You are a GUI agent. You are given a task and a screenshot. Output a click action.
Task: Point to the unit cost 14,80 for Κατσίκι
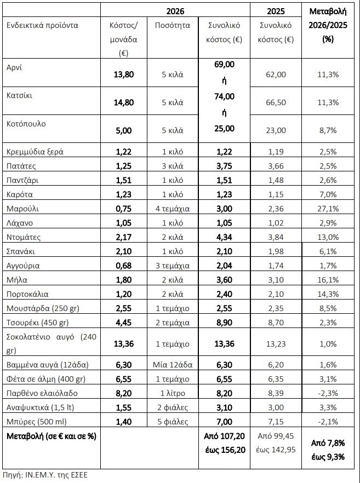[123, 102]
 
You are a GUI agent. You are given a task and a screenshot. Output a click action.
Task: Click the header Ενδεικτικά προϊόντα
[42, 25]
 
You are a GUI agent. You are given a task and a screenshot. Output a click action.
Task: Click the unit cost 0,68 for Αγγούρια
[123, 266]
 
